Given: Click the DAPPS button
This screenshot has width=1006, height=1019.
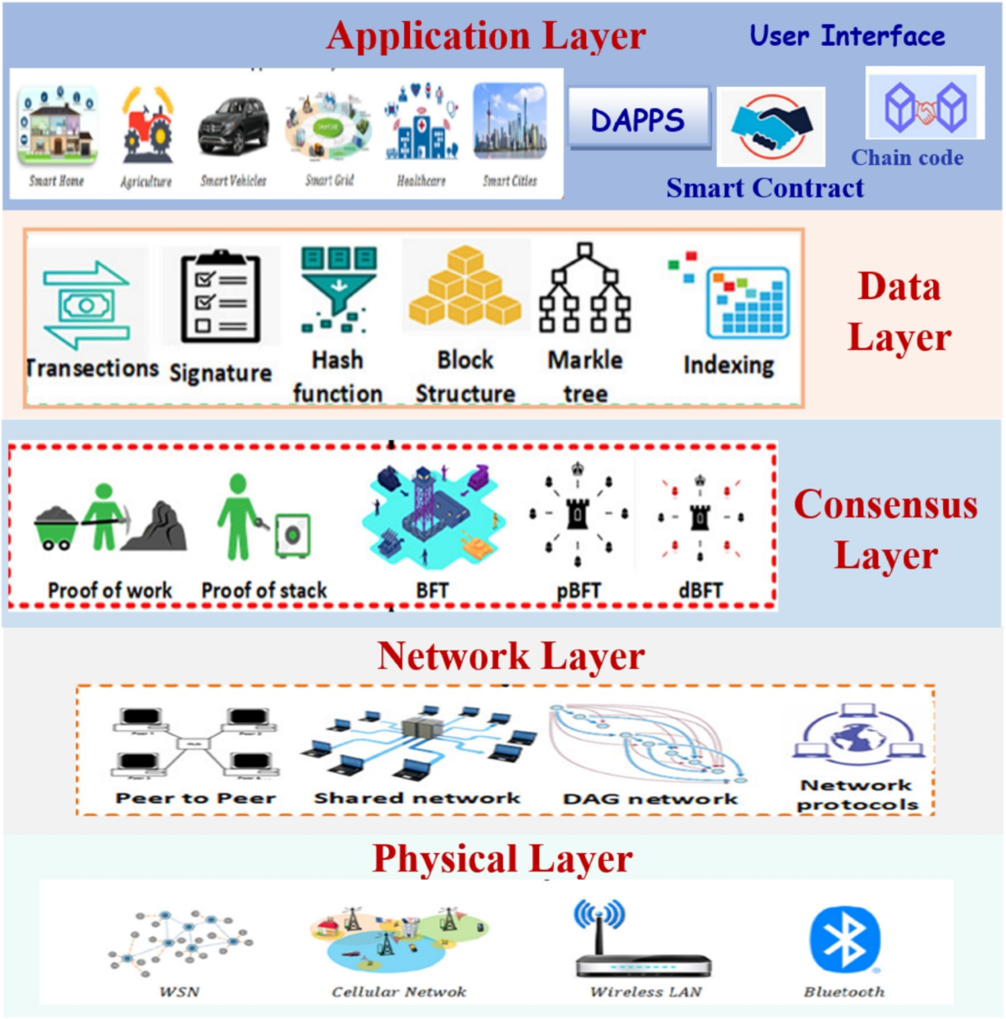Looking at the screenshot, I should click(639, 120).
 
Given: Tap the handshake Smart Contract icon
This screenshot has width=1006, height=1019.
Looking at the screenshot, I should click(770, 126).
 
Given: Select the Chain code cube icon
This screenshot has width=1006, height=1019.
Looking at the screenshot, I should click(925, 106).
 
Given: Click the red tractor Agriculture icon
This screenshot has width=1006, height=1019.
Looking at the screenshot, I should click(147, 127).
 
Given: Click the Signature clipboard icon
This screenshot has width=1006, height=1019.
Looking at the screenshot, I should click(220, 297).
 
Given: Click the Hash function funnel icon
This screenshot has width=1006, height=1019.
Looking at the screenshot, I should click(339, 288).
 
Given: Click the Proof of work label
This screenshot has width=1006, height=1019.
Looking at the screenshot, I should click(110, 590).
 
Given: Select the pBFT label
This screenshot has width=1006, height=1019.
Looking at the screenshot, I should click(578, 591).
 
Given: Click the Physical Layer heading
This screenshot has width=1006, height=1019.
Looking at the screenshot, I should click(502, 859).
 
